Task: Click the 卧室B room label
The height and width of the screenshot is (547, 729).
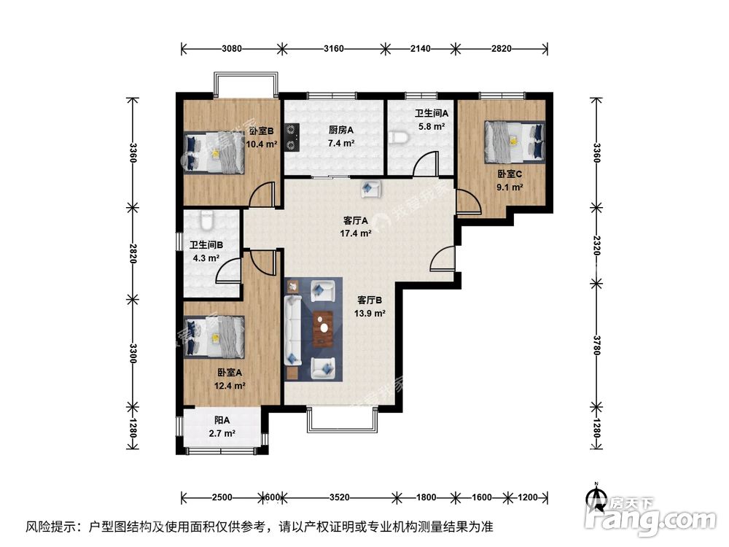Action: tap(261, 131)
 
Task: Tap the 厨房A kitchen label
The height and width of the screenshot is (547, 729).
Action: tap(340, 131)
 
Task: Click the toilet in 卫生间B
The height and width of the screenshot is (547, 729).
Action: tap(205, 218)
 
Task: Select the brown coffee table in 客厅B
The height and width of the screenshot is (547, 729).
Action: tap(324, 330)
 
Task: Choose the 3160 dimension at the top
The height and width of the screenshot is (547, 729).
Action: tap(333, 49)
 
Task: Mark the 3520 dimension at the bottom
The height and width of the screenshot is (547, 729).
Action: tap(339, 497)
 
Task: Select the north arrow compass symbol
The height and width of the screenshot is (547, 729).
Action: tap(596, 498)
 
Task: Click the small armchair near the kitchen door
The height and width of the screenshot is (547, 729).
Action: tap(370, 189)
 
